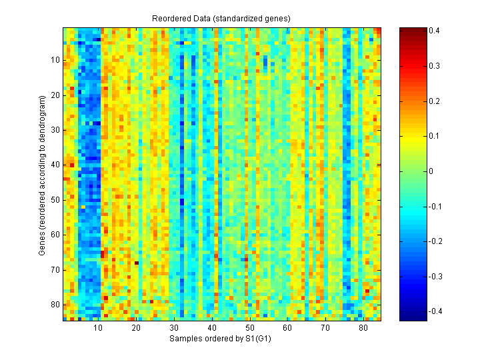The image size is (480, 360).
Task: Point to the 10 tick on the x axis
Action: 98,329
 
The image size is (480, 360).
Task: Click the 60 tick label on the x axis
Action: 287,329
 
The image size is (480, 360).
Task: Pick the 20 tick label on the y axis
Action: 55,95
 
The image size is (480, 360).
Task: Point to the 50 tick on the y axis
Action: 55,199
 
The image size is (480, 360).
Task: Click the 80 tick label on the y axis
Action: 55,304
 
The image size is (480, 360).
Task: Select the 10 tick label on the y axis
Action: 55,60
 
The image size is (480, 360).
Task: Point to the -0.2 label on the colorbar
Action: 433,241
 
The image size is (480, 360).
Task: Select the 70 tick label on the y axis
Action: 55,269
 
